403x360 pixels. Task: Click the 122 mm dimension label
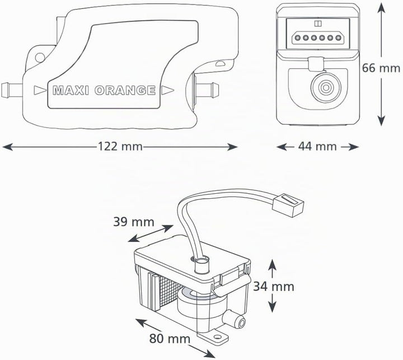tap(120, 147)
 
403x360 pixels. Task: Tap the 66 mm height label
tap(381, 68)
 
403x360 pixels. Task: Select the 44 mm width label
tap(317, 147)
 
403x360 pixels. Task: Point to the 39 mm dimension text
tap(134, 222)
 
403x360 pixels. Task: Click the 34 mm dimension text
tap(274, 287)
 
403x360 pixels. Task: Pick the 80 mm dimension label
tap(170, 339)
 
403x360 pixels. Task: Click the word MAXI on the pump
tap(71, 91)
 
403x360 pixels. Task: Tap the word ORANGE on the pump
tap(125, 91)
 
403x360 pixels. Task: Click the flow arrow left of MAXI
tap(40, 90)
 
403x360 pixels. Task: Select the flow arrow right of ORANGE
tap(167, 90)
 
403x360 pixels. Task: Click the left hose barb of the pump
tap(12, 90)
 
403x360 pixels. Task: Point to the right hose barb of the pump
tap(207, 90)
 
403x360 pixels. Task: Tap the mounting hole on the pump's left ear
tap(40, 57)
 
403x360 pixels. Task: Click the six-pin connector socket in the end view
tap(318, 38)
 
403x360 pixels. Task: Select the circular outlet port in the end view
tap(326, 87)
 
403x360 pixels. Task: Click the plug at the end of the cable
tap(288, 205)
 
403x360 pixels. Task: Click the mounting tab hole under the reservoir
tap(218, 336)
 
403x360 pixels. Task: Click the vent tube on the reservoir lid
tap(202, 265)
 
